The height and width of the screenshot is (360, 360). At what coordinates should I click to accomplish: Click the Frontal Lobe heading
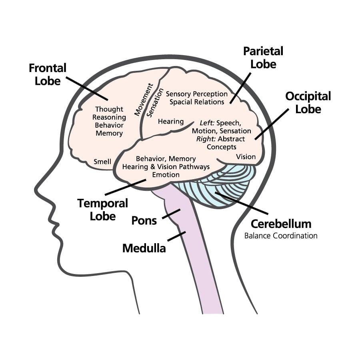pyautogui.click(x=47, y=74)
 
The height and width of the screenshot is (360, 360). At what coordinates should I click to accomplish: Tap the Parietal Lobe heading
pyautogui.click(x=263, y=57)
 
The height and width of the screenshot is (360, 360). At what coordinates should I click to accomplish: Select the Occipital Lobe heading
pyautogui.click(x=308, y=102)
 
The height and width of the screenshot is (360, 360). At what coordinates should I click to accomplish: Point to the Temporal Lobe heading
pyautogui.click(x=103, y=209)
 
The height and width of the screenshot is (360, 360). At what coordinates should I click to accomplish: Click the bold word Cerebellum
pyautogui.click(x=281, y=223)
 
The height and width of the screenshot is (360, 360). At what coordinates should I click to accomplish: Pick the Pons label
pyautogui.click(x=144, y=220)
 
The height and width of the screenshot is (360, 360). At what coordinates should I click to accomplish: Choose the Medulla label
pyautogui.click(x=144, y=248)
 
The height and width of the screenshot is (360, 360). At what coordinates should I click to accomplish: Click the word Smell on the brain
pyautogui.click(x=102, y=162)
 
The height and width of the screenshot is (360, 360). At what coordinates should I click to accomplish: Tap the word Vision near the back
pyautogui.click(x=246, y=156)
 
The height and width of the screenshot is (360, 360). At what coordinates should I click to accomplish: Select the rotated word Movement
pyautogui.click(x=143, y=100)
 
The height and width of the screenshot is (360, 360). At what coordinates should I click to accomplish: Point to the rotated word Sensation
pyautogui.click(x=154, y=102)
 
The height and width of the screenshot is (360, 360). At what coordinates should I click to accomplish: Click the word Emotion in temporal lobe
pyautogui.click(x=166, y=175)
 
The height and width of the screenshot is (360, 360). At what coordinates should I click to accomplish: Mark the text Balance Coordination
pyautogui.click(x=281, y=236)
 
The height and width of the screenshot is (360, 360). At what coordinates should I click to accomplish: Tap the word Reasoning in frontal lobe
pyautogui.click(x=109, y=117)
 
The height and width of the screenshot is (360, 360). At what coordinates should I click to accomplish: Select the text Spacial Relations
pyautogui.click(x=197, y=102)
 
